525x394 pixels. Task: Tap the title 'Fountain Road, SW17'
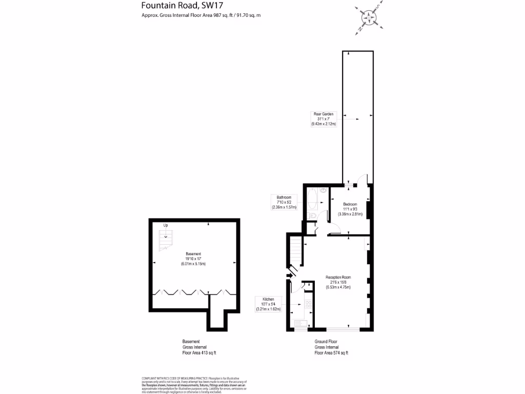tap(176, 6)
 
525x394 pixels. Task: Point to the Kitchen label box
tap(269, 304)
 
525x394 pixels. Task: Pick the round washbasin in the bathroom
tap(323, 191)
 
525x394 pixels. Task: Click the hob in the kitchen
tap(309, 305)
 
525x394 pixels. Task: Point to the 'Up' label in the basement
tap(166, 225)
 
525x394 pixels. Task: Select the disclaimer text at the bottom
tap(194, 385)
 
